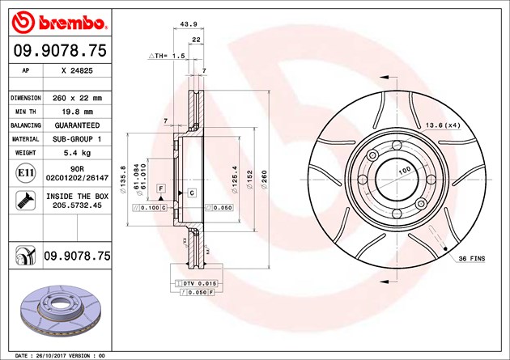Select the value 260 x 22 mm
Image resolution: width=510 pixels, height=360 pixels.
click(x=77, y=97)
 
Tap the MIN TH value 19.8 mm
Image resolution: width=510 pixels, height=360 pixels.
click(x=77, y=112)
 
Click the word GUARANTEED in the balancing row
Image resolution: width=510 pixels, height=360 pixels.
click(x=77, y=126)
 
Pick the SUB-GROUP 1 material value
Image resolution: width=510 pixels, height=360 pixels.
click(x=77, y=140)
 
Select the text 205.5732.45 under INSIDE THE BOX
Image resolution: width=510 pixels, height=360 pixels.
click(x=79, y=205)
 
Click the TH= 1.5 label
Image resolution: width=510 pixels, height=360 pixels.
click(x=168, y=56)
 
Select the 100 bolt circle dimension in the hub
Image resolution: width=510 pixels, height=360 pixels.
click(x=403, y=168)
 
